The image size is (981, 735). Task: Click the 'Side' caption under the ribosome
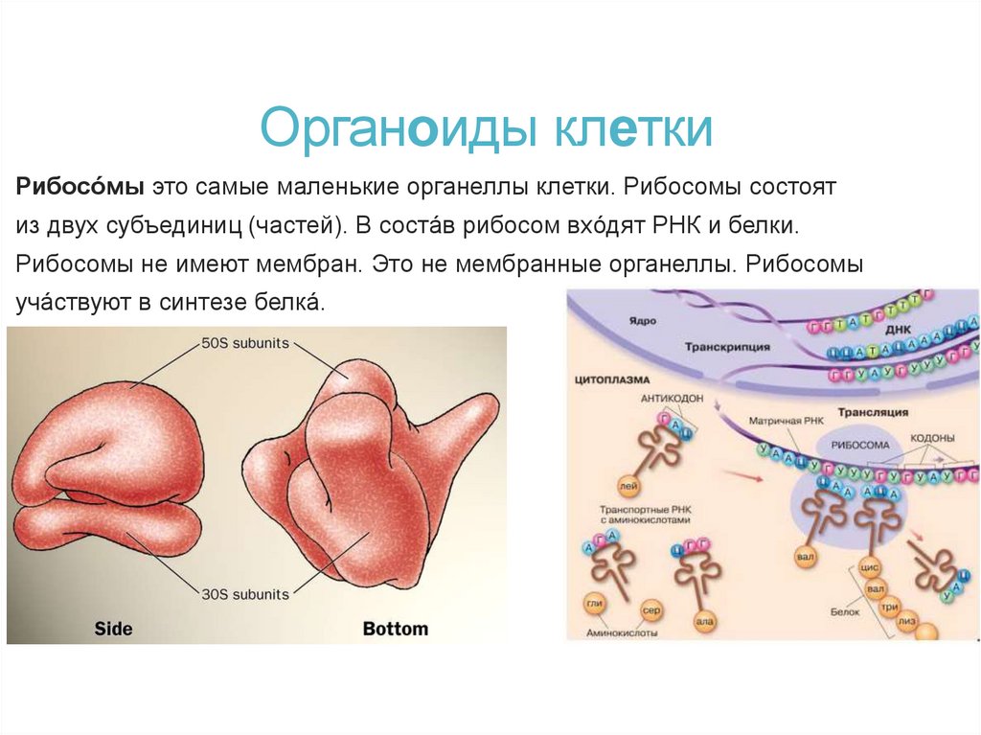(x=113, y=629)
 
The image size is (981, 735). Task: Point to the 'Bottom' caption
(x=395, y=629)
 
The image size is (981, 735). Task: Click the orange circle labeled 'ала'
(x=704, y=622)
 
